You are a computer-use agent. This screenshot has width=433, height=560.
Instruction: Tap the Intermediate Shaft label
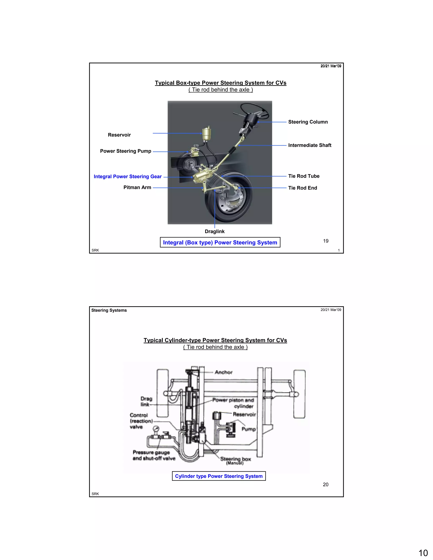pyautogui.click(x=310, y=145)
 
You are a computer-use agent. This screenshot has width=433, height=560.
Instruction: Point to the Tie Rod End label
pyautogui.click(x=302, y=188)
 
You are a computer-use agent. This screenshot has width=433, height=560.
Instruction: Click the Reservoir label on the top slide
pyautogui.click(x=119, y=135)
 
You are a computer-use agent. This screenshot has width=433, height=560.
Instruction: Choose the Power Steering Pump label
pyautogui.click(x=125, y=151)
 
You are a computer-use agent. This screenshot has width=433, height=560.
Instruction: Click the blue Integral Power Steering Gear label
pyautogui.click(x=127, y=176)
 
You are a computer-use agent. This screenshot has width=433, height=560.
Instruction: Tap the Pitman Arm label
pyautogui.click(x=137, y=187)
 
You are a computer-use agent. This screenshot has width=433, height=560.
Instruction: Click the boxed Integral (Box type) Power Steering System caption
pyautogui.click(x=220, y=242)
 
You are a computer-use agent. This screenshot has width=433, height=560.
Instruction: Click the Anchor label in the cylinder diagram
pyautogui.click(x=223, y=372)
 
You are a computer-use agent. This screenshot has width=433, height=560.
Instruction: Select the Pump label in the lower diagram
pyautogui.click(x=248, y=429)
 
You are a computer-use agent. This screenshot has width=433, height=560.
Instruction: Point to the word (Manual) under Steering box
pyautogui.click(x=235, y=463)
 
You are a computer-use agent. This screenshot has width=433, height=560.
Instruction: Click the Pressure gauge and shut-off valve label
pyautogui.click(x=154, y=455)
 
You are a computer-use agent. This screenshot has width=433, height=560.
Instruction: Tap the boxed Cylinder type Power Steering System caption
pyautogui.click(x=219, y=476)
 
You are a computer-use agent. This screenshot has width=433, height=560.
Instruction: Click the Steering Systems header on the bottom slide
pyautogui.click(x=109, y=310)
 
